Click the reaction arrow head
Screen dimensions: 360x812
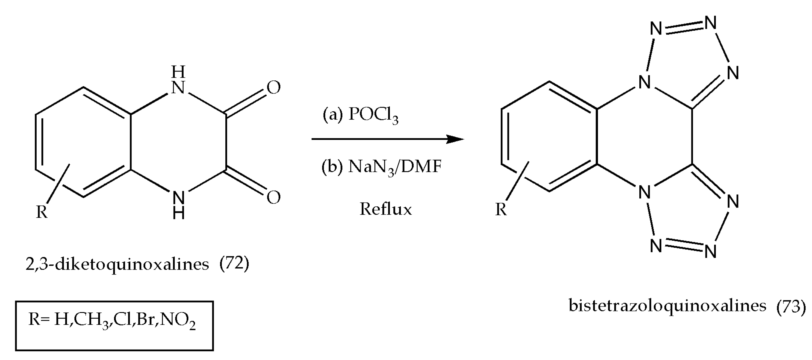(x=455, y=139)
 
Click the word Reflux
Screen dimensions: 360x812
(x=385, y=209)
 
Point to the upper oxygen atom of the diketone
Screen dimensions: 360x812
(x=273, y=88)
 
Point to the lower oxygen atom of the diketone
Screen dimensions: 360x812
(x=273, y=198)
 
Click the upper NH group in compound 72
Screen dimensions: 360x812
(x=178, y=80)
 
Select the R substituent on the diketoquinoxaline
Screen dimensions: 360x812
(x=42, y=212)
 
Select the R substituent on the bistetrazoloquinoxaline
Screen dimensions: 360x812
(x=501, y=209)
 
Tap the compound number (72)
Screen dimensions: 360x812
(x=234, y=264)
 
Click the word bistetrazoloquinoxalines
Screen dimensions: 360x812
(x=667, y=306)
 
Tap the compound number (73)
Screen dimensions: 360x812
(x=791, y=306)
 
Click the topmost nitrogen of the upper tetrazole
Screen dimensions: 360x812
(x=710, y=23)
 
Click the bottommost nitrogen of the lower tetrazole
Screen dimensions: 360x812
(x=710, y=252)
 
